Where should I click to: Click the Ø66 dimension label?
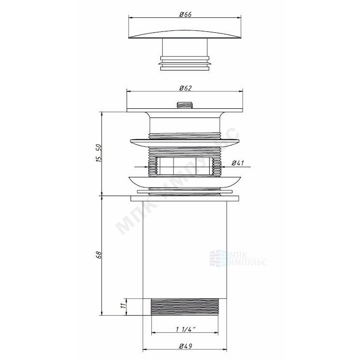tap(185, 14)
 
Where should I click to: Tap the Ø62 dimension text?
tap(185, 88)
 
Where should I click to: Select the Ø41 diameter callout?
tap(237, 163)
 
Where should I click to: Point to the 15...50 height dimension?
tap(98, 153)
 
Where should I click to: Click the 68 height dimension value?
tap(99, 255)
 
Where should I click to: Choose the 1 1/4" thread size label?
tap(186, 329)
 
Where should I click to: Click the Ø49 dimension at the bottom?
tap(186, 346)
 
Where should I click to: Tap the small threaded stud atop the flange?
tap(185, 105)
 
